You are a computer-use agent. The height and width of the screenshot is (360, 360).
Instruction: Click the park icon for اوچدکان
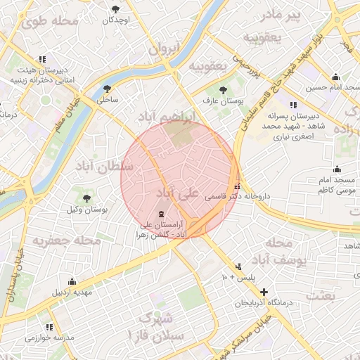pyautogui.click(x=116, y=8)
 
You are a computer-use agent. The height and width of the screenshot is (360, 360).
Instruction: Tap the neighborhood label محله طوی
pyautogui.click(x=50, y=21)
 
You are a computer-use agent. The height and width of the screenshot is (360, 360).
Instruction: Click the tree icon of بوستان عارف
pyautogui.click(x=223, y=90)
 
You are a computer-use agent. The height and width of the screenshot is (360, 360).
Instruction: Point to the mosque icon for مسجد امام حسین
pyautogui.click(x=335, y=77)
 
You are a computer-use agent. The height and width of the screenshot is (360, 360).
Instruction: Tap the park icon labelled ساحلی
pyautogui.click(x=107, y=89)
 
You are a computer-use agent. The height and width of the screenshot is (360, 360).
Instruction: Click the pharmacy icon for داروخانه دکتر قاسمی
pyautogui.click(x=238, y=187)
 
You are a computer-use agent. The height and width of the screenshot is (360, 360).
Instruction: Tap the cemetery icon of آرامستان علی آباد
pyautogui.click(x=162, y=214)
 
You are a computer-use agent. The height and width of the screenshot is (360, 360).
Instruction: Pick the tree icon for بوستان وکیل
pyautogui.click(x=86, y=199)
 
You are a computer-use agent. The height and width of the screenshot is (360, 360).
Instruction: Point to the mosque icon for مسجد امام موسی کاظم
pyautogui.click(x=337, y=169)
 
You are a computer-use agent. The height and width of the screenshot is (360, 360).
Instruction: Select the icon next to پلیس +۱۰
pyautogui.click(x=240, y=266)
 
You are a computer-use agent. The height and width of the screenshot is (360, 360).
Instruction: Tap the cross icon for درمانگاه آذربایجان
pyautogui.click(x=264, y=291)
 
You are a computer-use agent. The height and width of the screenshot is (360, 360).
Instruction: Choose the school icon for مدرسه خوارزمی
pyautogui.click(x=50, y=327)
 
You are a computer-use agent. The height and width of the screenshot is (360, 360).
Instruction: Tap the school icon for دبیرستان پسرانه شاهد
pyautogui.click(x=293, y=104)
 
